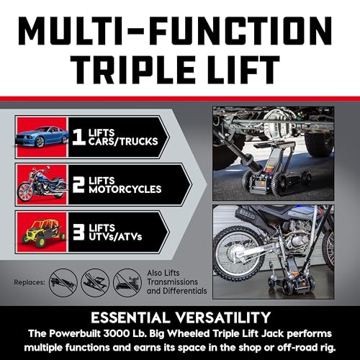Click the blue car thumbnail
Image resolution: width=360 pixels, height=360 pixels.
(x=42, y=137)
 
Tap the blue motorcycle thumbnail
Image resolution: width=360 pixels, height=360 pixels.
(x=42, y=184)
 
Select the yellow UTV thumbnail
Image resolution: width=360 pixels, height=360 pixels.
(x=42, y=232)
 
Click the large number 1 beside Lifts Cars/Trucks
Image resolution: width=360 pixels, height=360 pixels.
(x=78, y=137)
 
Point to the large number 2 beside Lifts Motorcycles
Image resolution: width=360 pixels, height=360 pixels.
(x=78, y=185)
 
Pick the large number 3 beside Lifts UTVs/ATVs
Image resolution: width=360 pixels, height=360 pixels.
(x=78, y=232)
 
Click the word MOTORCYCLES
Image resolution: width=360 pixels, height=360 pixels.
(x=125, y=189)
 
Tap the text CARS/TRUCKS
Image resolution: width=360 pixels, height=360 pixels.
(x=123, y=142)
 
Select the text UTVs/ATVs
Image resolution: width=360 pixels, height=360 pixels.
(x=115, y=237)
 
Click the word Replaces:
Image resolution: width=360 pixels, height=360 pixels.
(x=30, y=282)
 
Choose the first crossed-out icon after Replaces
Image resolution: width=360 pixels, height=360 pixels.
(x=63, y=283)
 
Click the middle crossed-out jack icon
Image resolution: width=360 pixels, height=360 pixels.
(x=95, y=283)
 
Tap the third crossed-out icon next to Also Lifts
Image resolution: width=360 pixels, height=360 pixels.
(x=127, y=283)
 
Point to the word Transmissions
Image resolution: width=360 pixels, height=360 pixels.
(x=172, y=282)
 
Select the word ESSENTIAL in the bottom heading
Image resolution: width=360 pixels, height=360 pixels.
(x=130, y=318)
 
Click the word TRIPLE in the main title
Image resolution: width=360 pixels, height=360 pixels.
(x=132, y=70)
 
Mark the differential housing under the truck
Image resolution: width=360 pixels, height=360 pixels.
(x=279, y=125)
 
